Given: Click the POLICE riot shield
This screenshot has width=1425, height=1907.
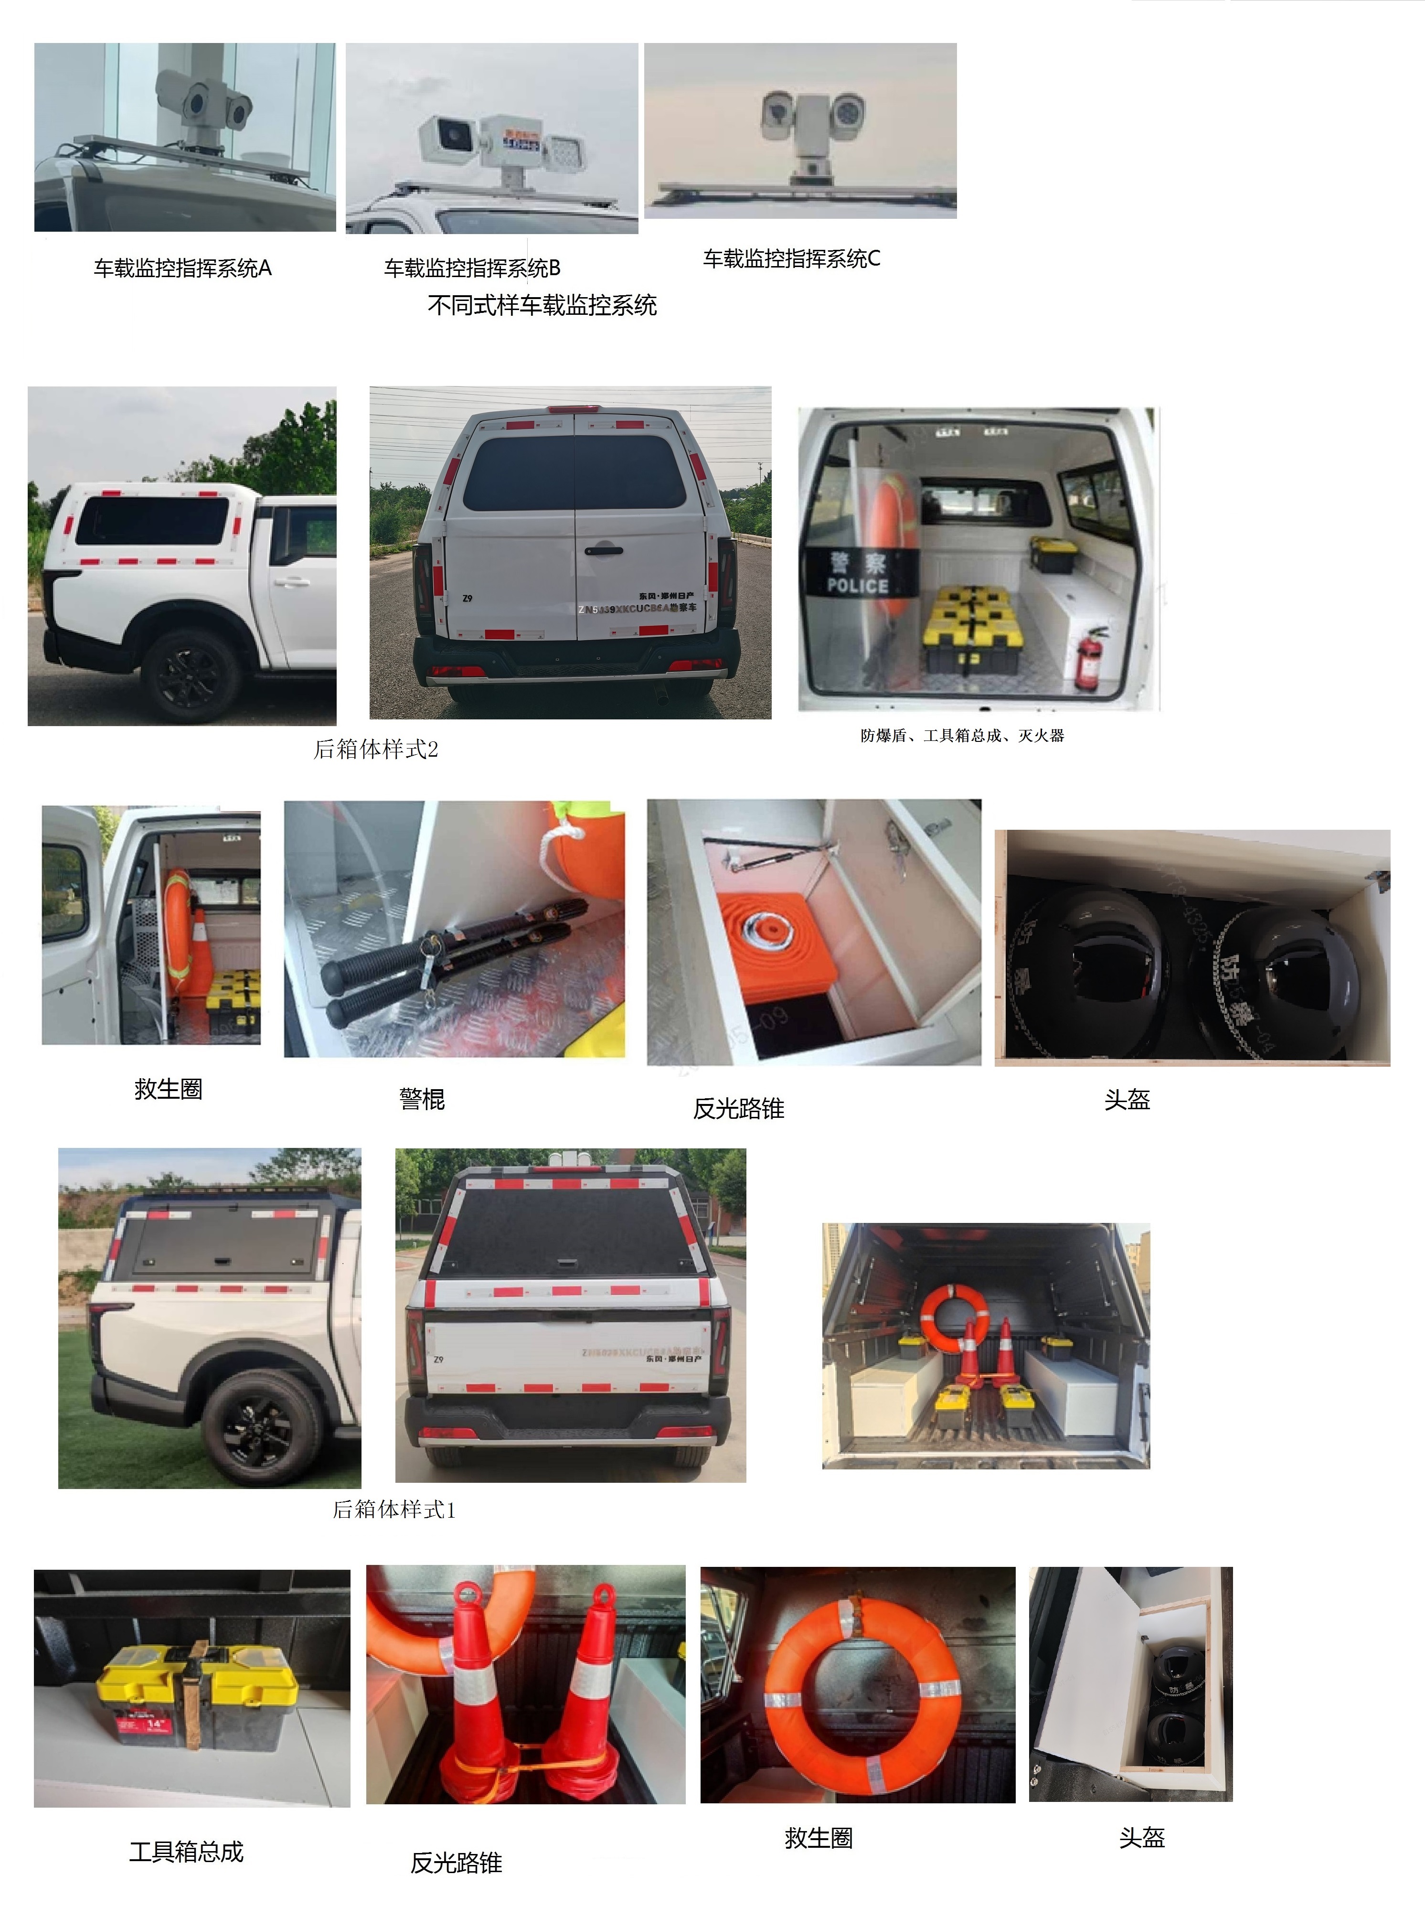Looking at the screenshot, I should tap(858, 573).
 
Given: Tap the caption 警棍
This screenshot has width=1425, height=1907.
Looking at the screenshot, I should tap(422, 1099).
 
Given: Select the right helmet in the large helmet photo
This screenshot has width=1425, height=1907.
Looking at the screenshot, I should tap(1285, 974).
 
